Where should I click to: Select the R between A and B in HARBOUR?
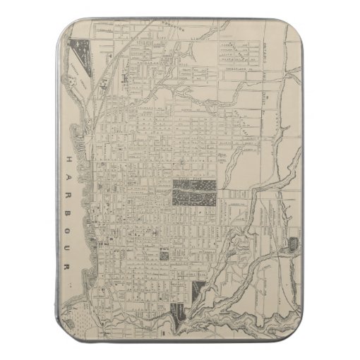[x=71, y=185]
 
